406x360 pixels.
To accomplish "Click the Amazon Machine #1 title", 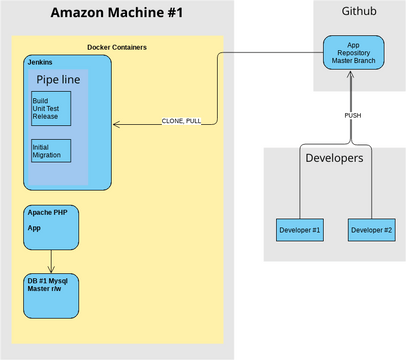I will (117, 15).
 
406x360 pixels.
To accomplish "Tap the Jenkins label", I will (41, 62).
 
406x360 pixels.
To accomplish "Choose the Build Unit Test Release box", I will (51, 107).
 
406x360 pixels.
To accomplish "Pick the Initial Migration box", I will (51, 151).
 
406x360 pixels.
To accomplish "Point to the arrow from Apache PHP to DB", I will (51, 261).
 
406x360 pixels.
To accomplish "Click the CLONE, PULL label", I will (181, 121).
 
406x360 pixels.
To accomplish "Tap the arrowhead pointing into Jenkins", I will (116, 125).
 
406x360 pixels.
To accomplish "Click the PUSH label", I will (352, 115).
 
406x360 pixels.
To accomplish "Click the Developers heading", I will (333, 158).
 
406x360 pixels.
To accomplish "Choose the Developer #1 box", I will (299, 230).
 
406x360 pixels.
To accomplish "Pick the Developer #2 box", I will (371, 230).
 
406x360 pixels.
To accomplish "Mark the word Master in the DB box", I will (40, 290).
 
